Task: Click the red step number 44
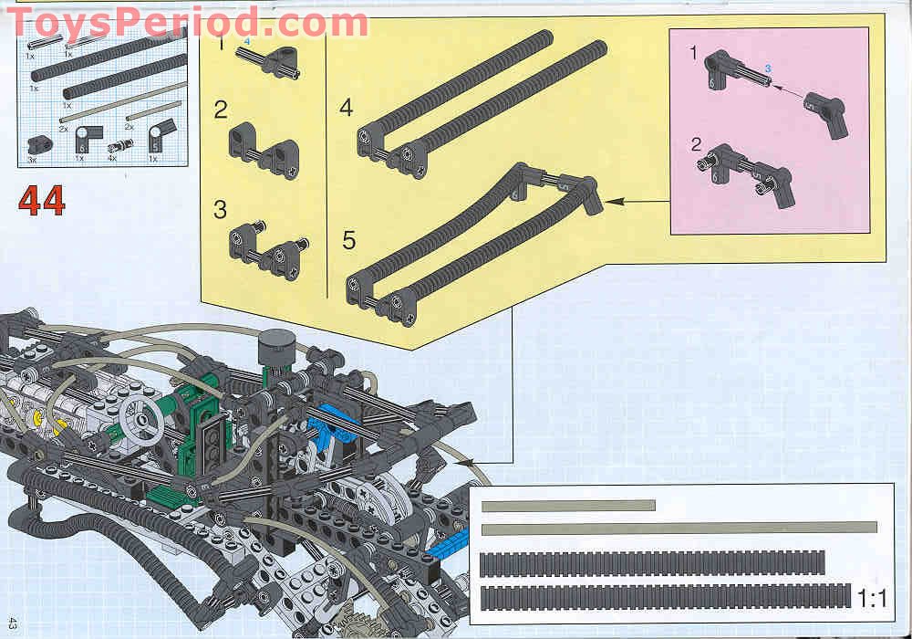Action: pos(42,200)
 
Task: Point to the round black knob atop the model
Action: pos(273,348)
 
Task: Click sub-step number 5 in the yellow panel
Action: pos(348,241)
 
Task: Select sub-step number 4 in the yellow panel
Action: pos(346,108)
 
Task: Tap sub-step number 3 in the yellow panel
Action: pos(220,209)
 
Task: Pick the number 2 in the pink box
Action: pos(696,143)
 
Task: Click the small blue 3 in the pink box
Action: pos(768,68)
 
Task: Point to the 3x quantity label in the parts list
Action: pos(32,160)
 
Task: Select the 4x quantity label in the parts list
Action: pos(112,160)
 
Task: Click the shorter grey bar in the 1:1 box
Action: pos(568,505)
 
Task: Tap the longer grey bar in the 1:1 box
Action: pos(679,528)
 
